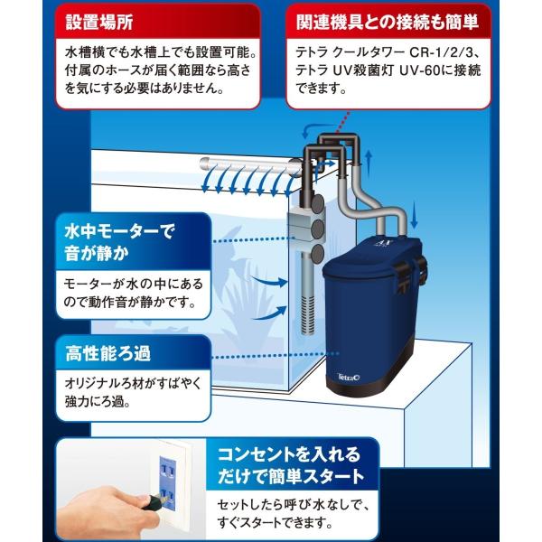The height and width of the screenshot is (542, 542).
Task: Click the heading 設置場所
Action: tap(99, 23)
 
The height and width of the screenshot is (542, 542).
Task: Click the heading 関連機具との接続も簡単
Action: tap(388, 23)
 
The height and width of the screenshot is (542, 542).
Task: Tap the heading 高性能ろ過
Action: tap(107, 354)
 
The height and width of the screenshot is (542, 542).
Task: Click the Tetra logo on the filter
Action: tap(349, 377)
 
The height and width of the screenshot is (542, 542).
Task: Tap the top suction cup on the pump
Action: tap(317, 203)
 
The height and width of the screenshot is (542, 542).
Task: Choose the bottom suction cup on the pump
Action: tap(317, 253)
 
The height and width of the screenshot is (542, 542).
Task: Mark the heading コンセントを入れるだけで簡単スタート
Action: tap(291, 465)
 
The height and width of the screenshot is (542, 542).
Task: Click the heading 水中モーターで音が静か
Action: tap(118, 242)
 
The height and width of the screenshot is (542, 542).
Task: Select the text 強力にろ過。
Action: tap(98, 402)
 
